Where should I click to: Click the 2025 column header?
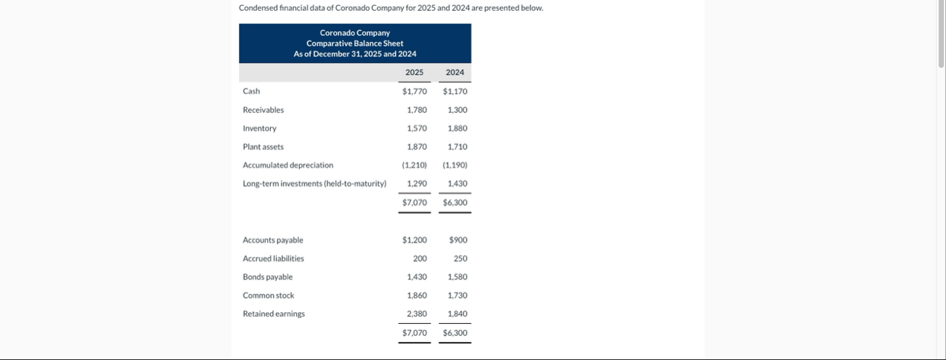(x=414, y=72)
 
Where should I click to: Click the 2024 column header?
(x=455, y=72)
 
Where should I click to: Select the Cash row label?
(x=251, y=91)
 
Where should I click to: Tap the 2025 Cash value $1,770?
(x=414, y=91)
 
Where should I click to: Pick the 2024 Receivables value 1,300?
(x=457, y=110)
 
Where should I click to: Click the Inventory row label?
(x=259, y=128)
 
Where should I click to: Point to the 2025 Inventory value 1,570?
(x=417, y=128)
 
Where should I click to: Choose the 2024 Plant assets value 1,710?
(x=457, y=147)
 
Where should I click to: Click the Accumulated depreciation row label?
(x=288, y=165)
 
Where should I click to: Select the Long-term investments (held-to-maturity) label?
(x=314, y=184)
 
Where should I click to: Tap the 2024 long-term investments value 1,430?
(x=457, y=184)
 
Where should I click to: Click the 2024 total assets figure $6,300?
(x=455, y=202)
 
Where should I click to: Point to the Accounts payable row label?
(x=273, y=240)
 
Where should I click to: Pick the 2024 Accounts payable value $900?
(x=459, y=240)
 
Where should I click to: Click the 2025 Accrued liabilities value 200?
(x=420, y=259)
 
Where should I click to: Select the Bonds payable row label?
(x=268, y=277)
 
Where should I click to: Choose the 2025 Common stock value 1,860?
(x=417, y=296)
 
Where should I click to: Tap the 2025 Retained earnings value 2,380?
(x=417, y=314)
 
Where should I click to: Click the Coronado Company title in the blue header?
(x=355, y=33)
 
